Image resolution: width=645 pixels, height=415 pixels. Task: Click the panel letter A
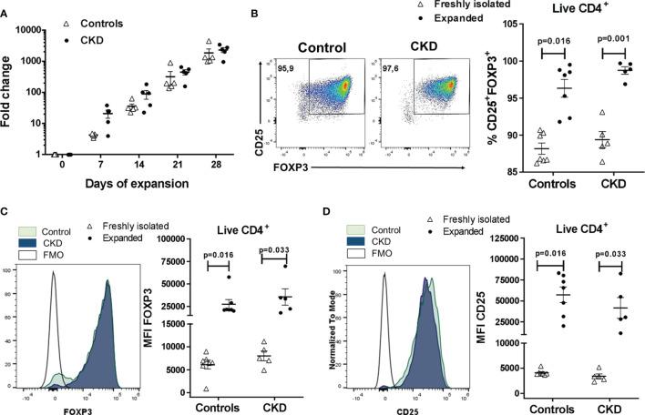coord(6,8)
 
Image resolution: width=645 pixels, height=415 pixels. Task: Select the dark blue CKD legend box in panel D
coord(352,241)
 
